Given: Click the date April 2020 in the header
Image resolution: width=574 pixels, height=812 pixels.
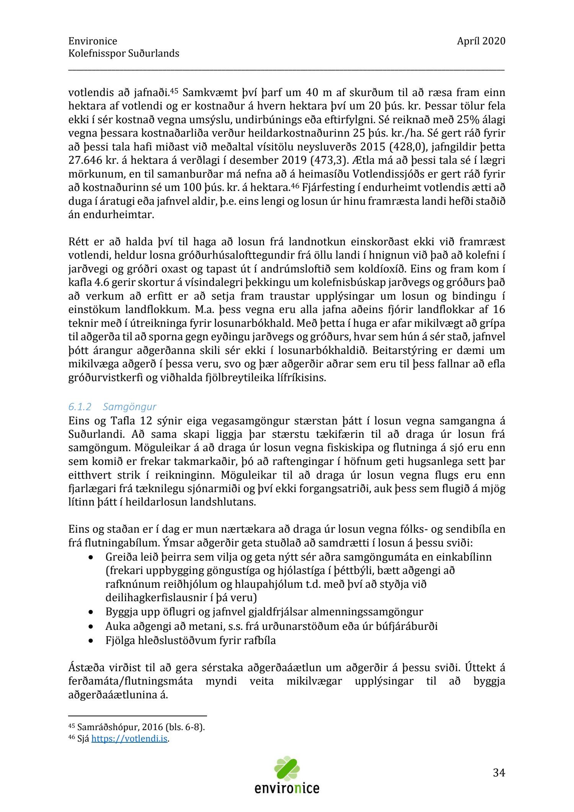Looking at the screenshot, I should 481,41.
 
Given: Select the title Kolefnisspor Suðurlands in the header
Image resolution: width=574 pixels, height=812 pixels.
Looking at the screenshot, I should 124,53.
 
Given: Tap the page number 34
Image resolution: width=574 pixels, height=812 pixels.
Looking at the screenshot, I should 499,773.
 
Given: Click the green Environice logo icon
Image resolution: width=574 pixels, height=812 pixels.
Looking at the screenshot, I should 287,768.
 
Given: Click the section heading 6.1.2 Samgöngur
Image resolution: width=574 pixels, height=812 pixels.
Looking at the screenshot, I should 113,406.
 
